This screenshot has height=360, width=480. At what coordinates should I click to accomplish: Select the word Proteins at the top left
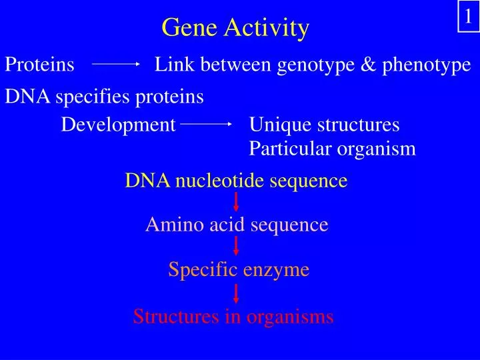pyautogui.click(x=40, y=65)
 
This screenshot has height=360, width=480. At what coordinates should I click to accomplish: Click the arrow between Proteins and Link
pyautogui.click(x=115, y=65)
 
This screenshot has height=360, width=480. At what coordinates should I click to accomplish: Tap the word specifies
pyautogui.click(x=93, y=97)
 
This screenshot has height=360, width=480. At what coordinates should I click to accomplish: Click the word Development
pyautogui.click(x=119, y=125)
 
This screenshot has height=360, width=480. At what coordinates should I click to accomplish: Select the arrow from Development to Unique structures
pyautogui.click(x=207, y=125)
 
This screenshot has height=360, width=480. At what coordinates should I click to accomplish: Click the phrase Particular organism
pyautogui.click(x=332, y=149)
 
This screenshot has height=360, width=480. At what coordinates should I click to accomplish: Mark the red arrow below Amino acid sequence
pyautogui.click(x=236, y=247)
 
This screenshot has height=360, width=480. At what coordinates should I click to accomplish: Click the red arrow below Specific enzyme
pyautogui.click(x=236, y=293)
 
